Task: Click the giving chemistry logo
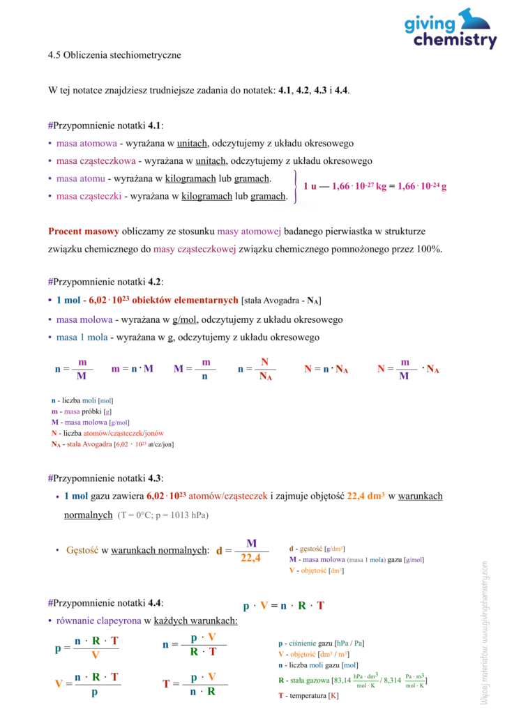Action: click(x=450, y=29)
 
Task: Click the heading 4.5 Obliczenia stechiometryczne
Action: click(x=115, y=55)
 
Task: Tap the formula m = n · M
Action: click(x=132, y=369)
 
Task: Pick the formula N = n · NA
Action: click(x=326, y=369)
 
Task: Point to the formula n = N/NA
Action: click(x=256, y=369)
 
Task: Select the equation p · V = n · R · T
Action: click(x=283, y=605)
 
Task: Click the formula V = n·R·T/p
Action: click(x=87, y=684)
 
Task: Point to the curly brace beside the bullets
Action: click(x=296, y=187)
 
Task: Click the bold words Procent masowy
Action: click(x=84, y=231)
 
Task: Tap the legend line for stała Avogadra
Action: click(x=112, y=444)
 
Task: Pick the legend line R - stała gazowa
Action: click(x=352, y=680)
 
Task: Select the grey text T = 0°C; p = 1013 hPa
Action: click(x=163, y=515)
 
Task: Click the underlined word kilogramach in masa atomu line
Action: click(x=207, y=178)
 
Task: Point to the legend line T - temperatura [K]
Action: click(x=308, y=696)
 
